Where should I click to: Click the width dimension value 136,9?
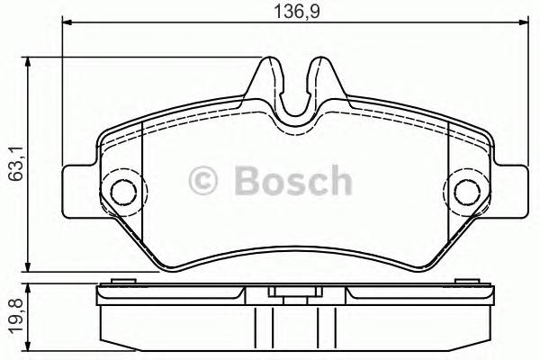coord(291,12)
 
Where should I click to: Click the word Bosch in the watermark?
coord(292,181)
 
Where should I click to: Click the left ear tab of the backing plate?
coord(79,190)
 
